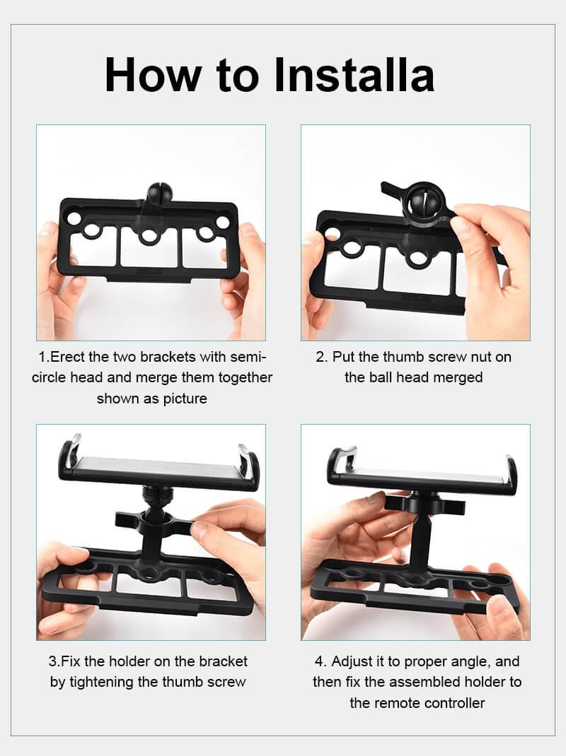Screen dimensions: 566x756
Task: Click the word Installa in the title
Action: click(x=354, y=75)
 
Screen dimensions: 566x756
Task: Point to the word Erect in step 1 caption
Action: click(x=68, y=357)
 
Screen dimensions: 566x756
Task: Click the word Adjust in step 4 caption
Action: click(x=352, y=661)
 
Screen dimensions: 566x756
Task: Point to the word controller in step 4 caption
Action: click(x=454, y=703)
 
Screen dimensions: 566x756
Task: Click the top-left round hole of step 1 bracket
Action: click(x=74, y=218)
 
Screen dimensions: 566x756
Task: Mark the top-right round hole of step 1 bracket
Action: click(x=223, y=223)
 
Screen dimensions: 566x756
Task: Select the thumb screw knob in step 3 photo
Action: click(x=154, y=521)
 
